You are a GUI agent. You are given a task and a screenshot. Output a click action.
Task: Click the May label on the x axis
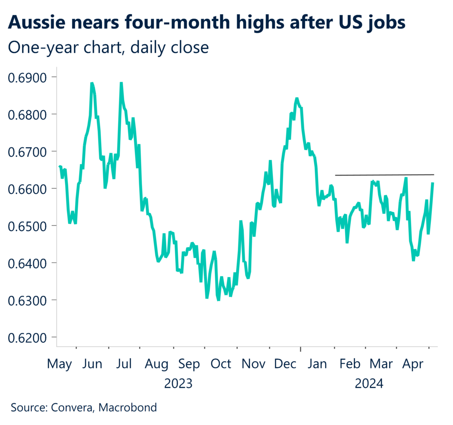[x=59, y=364]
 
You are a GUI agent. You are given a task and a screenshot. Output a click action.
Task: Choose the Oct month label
[x=220, y=364]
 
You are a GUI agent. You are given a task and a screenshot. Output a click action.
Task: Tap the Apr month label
[x=413, y=364]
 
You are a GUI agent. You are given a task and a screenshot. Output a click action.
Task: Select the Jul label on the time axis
[x=124, y=364]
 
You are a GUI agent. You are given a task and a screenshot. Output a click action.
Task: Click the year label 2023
[x=178, y=383]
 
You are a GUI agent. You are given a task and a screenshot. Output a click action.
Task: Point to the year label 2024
[x=369, y=383]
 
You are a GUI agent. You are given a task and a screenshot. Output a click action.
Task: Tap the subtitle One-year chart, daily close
[x=108, y=47]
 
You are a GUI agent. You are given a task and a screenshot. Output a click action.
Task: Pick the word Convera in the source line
[x=69, y=407]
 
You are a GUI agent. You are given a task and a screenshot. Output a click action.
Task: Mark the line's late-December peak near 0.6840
[x=296, y=98]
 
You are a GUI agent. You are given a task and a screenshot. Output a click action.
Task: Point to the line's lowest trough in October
[x=219, y=300]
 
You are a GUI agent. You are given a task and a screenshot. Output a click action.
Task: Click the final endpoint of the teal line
[x=433, y=183]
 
